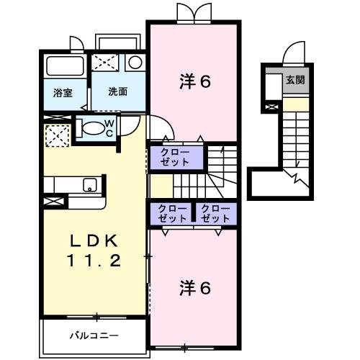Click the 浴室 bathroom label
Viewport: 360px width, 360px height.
[x=63, y=92]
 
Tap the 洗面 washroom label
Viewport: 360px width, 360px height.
[x=118, y=92]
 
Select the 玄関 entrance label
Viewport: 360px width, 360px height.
[x=295, y=79]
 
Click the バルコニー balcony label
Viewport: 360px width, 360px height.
[x=94, y=335]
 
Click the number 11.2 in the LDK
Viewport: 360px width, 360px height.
[x=94, y=261]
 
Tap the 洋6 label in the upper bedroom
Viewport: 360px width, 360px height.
[x=194, y=81]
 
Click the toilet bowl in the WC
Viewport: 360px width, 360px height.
[x=92, y=129]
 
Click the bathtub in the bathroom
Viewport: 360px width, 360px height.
[x=65, y=68]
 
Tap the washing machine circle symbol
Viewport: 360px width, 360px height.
[x=135, y=63]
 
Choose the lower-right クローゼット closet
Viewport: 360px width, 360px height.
[x=215, y=213]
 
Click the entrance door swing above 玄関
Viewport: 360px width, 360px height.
[x=295, y=55]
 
